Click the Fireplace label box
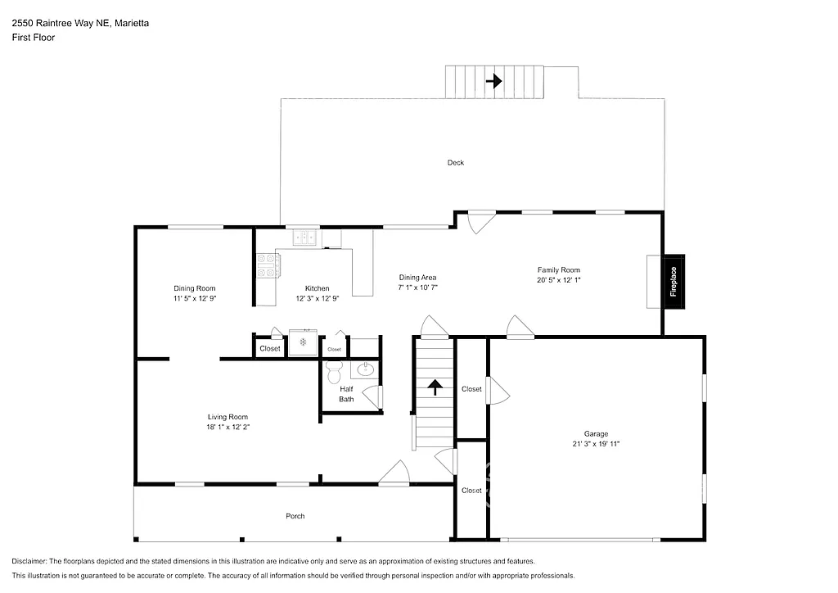tap(674, 282)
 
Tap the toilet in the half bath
tap(333, 374)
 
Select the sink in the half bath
tap(367, 369)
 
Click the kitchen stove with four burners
tap(268, 265)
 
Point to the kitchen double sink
tap(305, 238)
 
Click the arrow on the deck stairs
tap(493, 81)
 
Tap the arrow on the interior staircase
tap(434, 387)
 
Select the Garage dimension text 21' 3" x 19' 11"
tap(596, 443)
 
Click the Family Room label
tap(558, 269)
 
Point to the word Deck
tap(455, 162)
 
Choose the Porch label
tap(295, 516)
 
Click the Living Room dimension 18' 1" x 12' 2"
tap(227, 427)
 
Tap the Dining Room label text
tap(194, 288)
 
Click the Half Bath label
tap(347, 394)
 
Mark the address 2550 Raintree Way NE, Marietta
tap(80, 24)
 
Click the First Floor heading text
tap(34, 38)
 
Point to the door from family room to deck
tap(481, 221)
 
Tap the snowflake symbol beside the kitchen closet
tap(302, 342)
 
